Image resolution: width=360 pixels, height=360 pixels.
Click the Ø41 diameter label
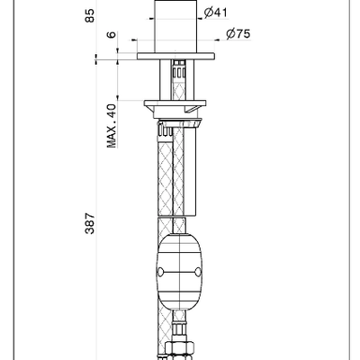coord(215,13)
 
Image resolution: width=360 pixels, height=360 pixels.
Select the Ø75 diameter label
coord(238,34)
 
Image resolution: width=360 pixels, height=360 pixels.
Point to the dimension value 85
coord(89,15)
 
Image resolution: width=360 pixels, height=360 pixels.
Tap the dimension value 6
coord(112,34)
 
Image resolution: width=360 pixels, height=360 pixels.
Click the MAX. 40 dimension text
coord(112,126)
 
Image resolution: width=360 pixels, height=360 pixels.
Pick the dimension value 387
coord(90,223)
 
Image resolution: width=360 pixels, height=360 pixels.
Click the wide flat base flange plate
coord(175,56)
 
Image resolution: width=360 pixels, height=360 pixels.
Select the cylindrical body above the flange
coord(175,26)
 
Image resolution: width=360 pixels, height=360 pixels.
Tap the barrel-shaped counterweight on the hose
coord(179,272)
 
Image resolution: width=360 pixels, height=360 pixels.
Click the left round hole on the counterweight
coord(160,272)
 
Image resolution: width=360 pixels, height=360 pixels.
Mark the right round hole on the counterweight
coord(198,272)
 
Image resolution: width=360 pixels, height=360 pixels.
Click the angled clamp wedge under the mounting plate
coord(193,109)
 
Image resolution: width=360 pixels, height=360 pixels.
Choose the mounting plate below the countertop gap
coord(175,103)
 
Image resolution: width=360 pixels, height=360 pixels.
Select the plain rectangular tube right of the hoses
coord(190,170)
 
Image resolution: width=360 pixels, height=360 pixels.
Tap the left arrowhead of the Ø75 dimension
coord(134,40)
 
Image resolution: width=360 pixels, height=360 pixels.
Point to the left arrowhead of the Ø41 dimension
coord(151,19)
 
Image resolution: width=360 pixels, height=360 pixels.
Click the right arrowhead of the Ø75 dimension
coord(218,40)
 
